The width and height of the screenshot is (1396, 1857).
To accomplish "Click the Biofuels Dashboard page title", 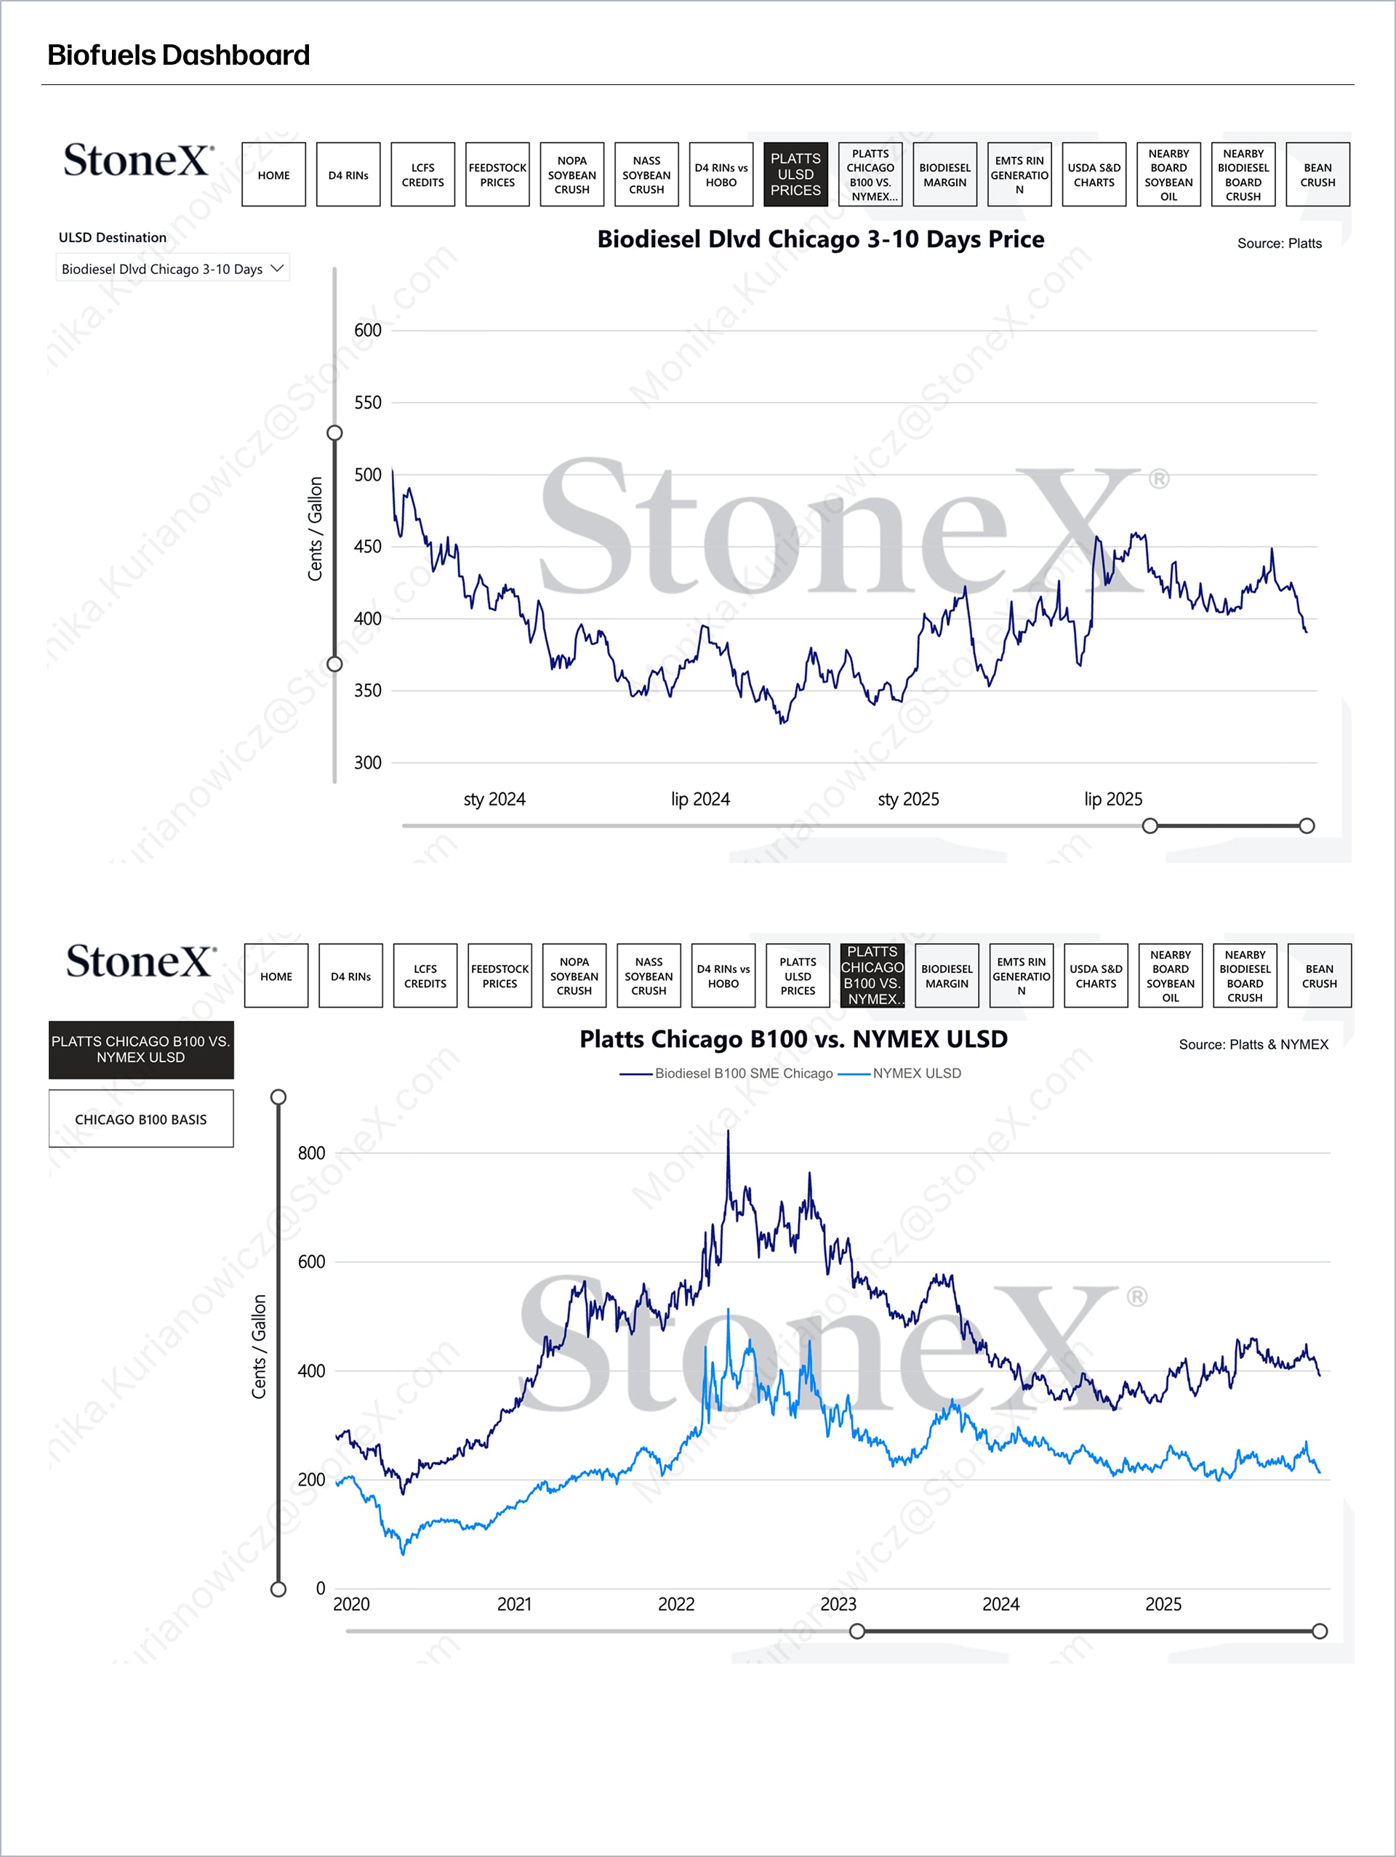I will click(x=178, y=55).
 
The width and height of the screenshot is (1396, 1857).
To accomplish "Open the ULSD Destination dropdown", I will click(x=173, y=268).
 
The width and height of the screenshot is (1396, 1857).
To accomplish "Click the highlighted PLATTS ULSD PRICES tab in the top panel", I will click(x=795, y=175).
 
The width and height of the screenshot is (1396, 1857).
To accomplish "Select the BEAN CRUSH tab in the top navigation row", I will click(x=1317, y=175).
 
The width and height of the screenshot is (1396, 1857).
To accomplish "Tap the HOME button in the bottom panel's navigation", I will click(x=276, y=976).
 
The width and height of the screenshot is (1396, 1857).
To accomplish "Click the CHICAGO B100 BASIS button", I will click(x=141, y=1119).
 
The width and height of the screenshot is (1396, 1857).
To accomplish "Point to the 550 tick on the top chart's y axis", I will click(x=368, y=403).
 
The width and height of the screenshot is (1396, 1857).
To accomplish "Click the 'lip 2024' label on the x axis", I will click(x=700, y=799).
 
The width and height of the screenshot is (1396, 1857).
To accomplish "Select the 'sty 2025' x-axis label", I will click(x=908, y=799).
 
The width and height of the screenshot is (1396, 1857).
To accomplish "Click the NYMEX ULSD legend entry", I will click(x=916, y=1073).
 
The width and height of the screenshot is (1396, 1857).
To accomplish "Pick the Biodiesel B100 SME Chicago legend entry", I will click(x=744, y=1073).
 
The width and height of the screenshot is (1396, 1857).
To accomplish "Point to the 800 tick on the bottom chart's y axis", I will click(x=311, y=1153).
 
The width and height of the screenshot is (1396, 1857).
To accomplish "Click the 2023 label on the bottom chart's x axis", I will click(x=838, y=1604).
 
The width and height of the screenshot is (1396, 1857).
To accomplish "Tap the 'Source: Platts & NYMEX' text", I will click(x=1253, y=1044).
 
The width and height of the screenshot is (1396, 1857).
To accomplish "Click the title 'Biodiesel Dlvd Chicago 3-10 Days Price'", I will click(x=820, y=239).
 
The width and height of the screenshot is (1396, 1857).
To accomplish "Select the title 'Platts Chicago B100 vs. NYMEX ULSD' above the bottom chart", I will click(x=793, y=1039).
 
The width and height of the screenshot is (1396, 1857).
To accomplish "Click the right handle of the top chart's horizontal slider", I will click(x=1306, y=826).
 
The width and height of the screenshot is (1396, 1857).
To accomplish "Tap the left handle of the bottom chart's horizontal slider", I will click(x=857, y=1631).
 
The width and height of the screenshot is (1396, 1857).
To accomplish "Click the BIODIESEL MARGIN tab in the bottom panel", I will click(x=947, y=976).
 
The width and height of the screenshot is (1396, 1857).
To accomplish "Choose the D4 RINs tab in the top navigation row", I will click(x=348, y=175).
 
